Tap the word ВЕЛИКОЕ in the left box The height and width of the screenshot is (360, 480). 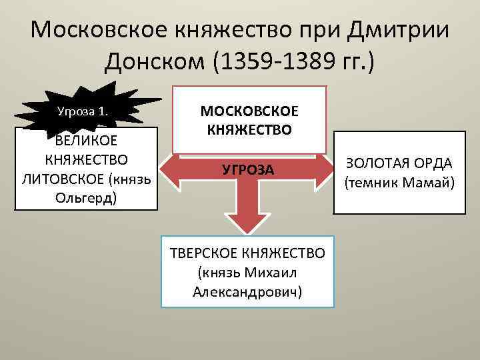(85, 141)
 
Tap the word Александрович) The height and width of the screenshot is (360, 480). (247, 291)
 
